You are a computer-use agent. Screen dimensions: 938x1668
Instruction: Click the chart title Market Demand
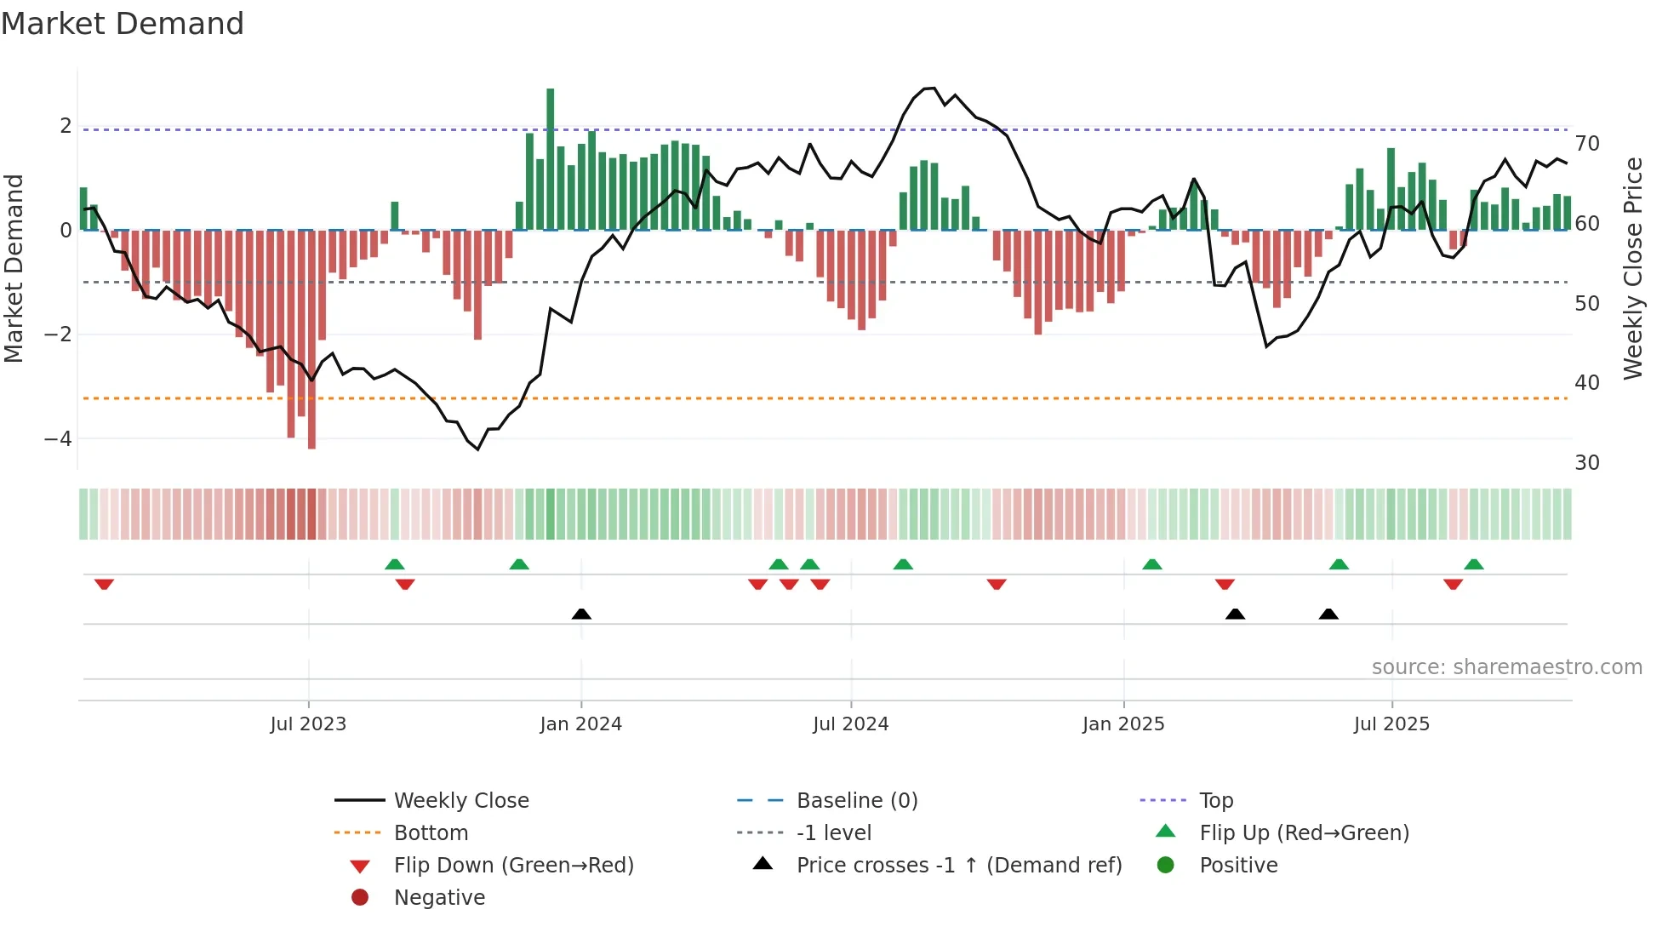point(123,24)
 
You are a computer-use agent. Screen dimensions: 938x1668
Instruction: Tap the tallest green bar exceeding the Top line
point(551,158)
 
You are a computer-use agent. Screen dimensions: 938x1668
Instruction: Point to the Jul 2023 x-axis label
point(308,724)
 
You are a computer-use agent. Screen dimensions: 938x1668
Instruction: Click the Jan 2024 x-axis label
point(581,724)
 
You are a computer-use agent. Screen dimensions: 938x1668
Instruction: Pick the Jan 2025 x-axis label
point(1123,724)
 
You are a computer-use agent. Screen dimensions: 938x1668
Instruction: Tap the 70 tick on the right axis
point(1587,144)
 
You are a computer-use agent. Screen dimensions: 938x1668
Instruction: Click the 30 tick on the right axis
point(1587,463)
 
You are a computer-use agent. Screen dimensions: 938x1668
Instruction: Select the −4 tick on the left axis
point(59,439)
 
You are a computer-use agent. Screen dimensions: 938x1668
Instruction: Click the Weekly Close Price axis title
point(1632,268)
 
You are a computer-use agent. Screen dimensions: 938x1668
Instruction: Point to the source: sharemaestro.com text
point(1506,667)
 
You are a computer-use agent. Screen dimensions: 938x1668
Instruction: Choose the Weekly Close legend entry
point(460,801)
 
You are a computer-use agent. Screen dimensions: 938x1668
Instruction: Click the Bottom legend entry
point(431,833)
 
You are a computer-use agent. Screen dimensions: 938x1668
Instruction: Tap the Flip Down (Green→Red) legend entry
point(513,866)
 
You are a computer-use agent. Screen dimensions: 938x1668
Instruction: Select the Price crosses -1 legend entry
point(958,866)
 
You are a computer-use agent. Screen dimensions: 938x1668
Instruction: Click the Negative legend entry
point(439,898)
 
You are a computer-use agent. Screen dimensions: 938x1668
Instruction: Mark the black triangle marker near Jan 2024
point(581,614)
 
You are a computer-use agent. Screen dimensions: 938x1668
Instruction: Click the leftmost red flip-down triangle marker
point(104,584)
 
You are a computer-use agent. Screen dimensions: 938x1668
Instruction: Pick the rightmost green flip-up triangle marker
point(1474,564)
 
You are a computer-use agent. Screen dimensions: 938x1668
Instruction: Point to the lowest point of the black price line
point(478,449)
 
